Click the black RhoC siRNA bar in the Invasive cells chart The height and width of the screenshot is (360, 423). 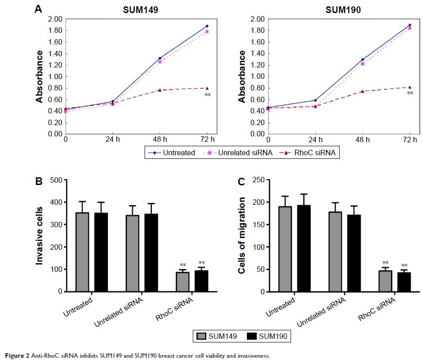pyautogui.click(x=201, y=281)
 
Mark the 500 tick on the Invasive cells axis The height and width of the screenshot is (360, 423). pyautogui.click(x=56, y=180)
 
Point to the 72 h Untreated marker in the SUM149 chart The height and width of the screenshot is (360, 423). pyautogui.click(x=207, y=26)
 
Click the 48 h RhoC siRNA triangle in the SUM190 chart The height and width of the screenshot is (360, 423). pyautogui.click(x=362, y=91)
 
